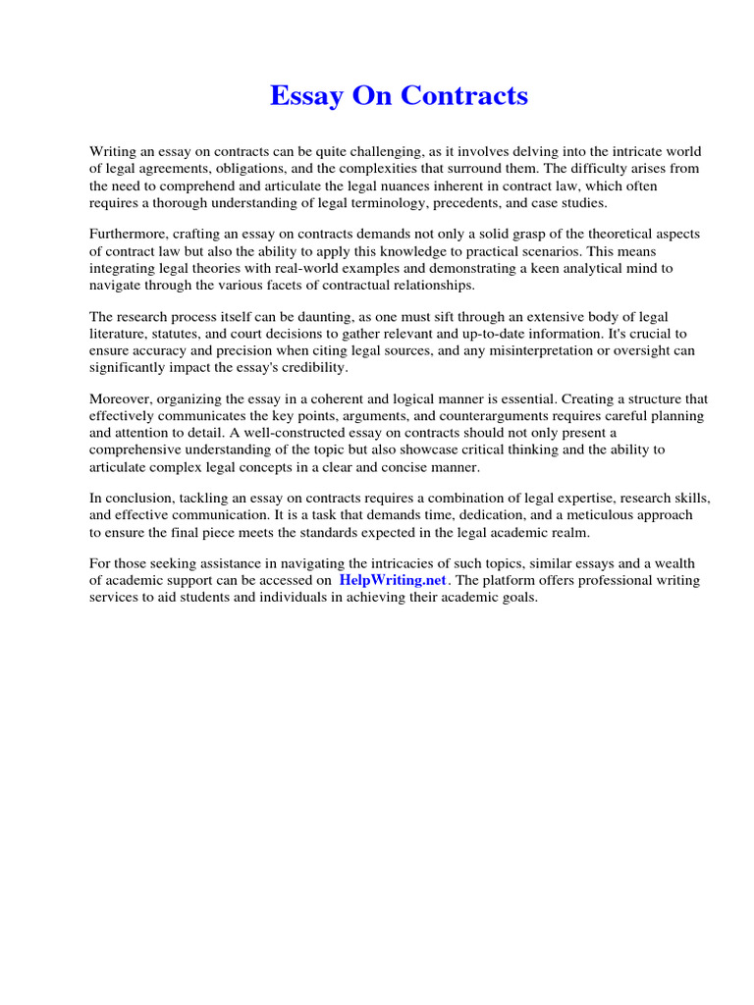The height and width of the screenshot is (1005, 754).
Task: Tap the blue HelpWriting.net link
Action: (393, 580)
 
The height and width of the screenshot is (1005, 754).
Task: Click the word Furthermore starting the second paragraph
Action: (129, 236)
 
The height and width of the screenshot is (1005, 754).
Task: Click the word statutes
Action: (173, 333)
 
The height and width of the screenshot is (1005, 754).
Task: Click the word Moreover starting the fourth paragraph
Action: (120, 399)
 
